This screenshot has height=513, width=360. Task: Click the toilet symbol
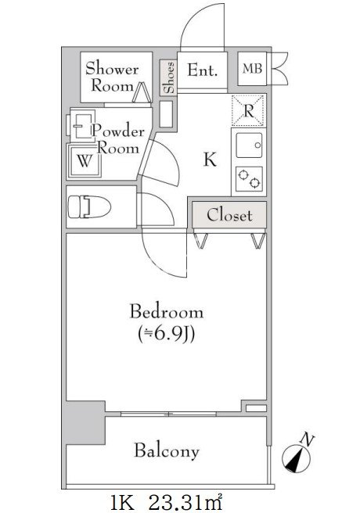(89, 206)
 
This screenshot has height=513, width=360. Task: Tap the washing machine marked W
(85, 161)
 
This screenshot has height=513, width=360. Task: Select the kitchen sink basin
(250, 145)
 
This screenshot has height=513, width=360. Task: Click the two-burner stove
(249, 179)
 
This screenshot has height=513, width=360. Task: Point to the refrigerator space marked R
(248, 110)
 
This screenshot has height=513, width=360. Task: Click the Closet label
(229, 215)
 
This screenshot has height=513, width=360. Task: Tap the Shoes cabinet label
(169, 77)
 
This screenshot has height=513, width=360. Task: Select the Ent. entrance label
(202, 70)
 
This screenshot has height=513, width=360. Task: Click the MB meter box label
(252, 69)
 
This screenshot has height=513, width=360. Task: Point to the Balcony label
(167, 451)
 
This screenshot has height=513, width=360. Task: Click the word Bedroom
(167, 311)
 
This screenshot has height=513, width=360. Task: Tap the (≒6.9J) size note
(167, 335)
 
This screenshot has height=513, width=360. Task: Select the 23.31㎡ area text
(186, 504)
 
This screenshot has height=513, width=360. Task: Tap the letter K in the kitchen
(210, 160)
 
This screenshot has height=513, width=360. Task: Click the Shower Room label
(112, 77)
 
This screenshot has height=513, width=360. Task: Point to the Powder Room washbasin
(80, 125)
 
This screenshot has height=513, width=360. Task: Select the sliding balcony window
(168, 414)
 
